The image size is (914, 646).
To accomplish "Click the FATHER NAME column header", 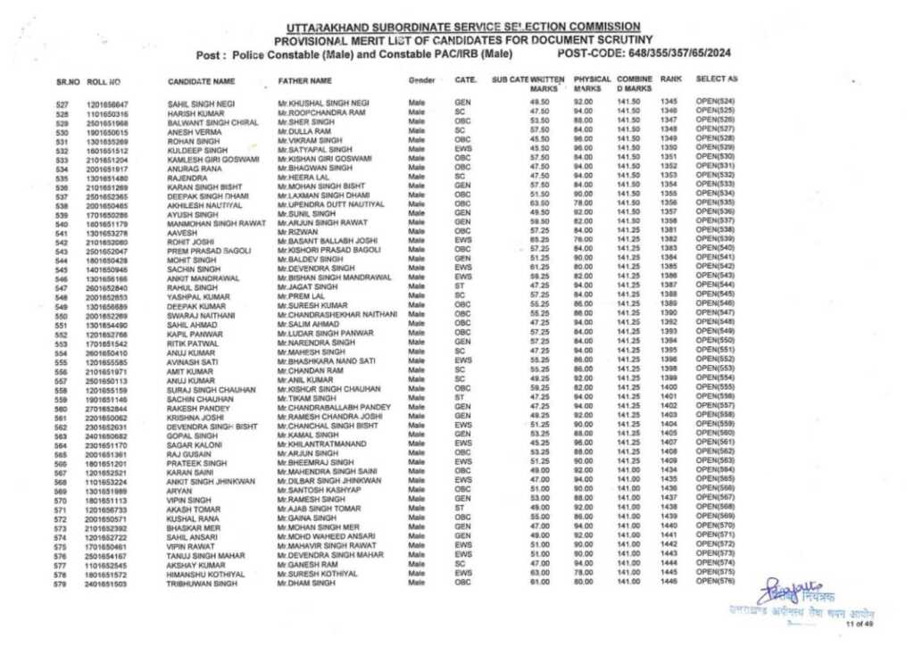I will pos(304,81).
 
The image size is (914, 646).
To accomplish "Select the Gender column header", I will pos(420,81).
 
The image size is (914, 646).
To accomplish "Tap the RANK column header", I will pos(670,79).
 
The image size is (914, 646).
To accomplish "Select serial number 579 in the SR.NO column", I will pos(62,584).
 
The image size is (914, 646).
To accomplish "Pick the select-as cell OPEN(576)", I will pos(716,581).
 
